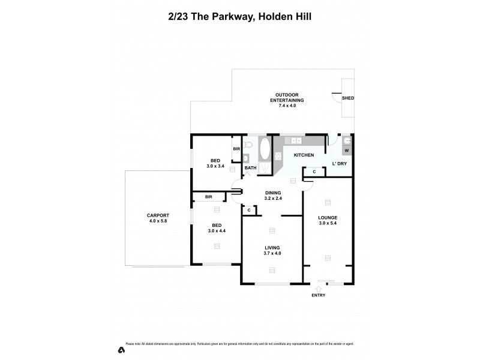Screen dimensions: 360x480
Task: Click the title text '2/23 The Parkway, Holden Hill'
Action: [239, 17]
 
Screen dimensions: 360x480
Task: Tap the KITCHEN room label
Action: [304, 155]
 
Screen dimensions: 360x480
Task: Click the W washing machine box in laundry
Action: [347, 150]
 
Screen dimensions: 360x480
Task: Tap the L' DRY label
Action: [340, 164]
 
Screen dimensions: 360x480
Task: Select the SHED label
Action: [347, 98]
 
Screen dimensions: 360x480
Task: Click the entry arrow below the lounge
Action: [317, 288]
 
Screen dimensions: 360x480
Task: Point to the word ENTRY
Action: [318, 296]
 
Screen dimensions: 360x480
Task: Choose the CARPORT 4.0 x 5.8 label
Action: [158, 218]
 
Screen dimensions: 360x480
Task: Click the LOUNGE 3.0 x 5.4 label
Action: [328, 220]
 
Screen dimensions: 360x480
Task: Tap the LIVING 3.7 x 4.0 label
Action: [272, 250]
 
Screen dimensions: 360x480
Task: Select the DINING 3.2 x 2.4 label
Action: [274, 196]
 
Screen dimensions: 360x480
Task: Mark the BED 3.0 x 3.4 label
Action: [215, 163]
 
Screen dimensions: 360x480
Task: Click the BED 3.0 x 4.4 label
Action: [215, 228]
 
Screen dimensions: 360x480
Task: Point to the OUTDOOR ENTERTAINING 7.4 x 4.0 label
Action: [289, 100]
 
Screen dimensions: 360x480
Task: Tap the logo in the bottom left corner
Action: [121, 350]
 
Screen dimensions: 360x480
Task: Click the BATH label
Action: [251, 168]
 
